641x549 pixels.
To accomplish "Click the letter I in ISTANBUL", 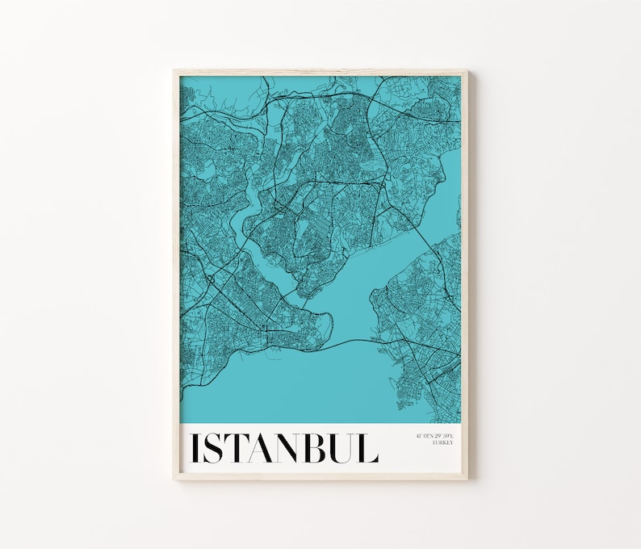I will pos(195,449).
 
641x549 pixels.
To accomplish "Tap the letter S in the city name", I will pos(214,449).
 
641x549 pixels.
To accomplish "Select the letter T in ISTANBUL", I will pos(238,449).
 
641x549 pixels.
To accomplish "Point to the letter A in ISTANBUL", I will pos(266,449).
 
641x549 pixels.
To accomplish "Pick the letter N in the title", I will pos(297,449).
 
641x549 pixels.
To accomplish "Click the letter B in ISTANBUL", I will pos(325,449).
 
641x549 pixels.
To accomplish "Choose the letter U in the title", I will pos(350,449).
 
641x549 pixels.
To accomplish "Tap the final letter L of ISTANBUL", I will pos(371,449).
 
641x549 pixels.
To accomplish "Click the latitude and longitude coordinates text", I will pos(434,436).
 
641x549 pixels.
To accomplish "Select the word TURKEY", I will pos(442,442).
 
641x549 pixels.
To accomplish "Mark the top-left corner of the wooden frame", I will pos(174,72).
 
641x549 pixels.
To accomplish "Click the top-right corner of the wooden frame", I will pos(466,72).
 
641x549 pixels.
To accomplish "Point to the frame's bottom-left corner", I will pos(174,479).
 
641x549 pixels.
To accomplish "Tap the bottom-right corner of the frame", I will pos(466,479).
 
